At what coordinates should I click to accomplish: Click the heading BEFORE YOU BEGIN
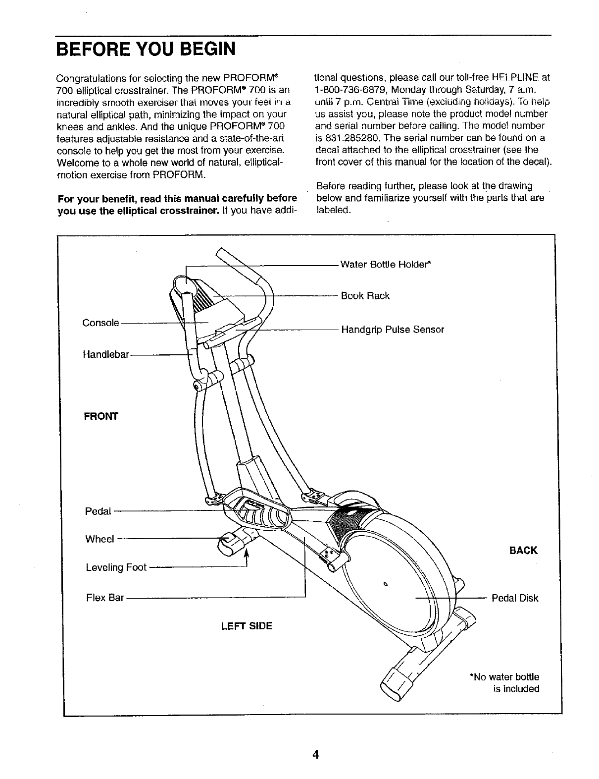(x=146, y=50)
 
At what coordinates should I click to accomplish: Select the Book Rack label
(x=365, y=296)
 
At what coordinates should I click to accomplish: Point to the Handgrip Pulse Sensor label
(x=393, y=330)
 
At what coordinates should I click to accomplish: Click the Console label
(x=100, y=323)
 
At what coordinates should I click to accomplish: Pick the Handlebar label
(x=106, y=355)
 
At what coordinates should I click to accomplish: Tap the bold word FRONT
(x=101, y=416)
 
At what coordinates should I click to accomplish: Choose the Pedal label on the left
(x=98, y=511)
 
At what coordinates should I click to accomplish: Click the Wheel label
(x=100, y=539)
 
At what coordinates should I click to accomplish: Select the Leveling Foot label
(x=116, y=567)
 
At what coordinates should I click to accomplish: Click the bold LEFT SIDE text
(x=247, y=626)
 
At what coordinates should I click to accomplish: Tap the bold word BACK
(x=523, y=551)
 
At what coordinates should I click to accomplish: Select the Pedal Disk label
(x=515, y=598)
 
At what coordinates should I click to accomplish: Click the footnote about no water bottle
(x=504, y=682)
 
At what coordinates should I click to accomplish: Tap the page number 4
(x=315, y=755)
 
